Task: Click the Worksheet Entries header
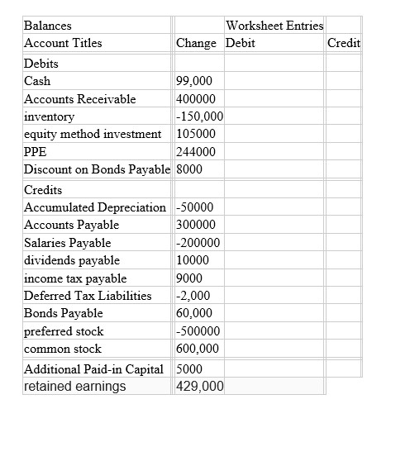coord(274,26)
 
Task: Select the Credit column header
coord(344,43)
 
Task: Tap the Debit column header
coord(240,43)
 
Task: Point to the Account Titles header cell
coord(64,43)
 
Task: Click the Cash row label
coord(38,81)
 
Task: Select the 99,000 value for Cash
coord(195,81)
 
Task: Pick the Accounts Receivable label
coord(80,99)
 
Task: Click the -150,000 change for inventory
coord(201,116)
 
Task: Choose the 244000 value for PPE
coord(196,152)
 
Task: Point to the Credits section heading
coord(44,189)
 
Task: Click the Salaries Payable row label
coord(68,243)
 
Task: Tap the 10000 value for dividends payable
coord(193,260)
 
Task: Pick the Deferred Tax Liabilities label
coord(88,296)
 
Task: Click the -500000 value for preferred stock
coord(198,331)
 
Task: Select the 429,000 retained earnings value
coord(199,386)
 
